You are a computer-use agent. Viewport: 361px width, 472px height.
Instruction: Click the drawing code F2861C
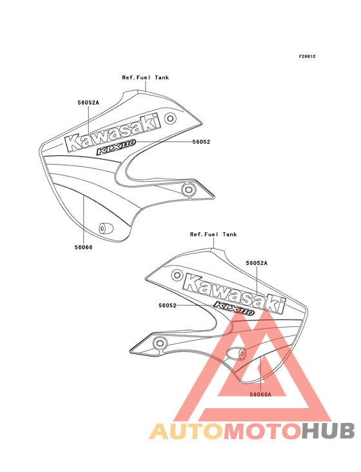[x=307, y=56]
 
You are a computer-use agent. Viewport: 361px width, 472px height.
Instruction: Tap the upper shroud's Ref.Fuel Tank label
[x=145, y=77]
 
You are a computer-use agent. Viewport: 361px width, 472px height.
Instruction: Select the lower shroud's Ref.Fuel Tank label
[x=213, y=234]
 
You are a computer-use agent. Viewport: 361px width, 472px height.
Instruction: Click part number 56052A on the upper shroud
[x=88, y=103]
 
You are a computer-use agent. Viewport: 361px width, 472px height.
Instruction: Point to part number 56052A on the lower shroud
[x=257, y=263]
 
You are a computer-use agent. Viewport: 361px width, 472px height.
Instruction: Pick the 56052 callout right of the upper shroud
[x=201, y=142]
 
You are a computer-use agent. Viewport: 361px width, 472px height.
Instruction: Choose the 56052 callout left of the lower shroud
[x=168, y=305]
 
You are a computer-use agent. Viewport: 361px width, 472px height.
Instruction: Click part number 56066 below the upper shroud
[x=84, y=247]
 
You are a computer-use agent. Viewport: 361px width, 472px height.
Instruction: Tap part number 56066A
[x=260, y=395]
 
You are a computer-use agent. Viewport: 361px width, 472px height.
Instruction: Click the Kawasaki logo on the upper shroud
[x=113, y=132]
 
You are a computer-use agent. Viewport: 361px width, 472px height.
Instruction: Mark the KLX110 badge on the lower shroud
[x=234, y=309]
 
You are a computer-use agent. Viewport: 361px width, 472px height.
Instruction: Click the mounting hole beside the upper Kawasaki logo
[x=170, y=118]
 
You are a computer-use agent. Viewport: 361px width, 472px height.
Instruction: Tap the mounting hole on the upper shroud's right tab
[x=189, y=190]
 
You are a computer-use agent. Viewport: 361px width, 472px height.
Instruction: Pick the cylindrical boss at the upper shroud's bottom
[x=106, y=228]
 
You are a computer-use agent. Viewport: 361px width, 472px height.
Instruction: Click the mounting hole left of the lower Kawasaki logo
[x=177, y=275]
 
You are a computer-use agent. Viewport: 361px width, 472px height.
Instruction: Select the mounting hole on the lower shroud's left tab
[x=159, y=343]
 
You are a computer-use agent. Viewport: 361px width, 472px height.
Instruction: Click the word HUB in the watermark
[x=328, y=431]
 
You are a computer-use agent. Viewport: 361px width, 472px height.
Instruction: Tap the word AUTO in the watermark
[x=186, y=431]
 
